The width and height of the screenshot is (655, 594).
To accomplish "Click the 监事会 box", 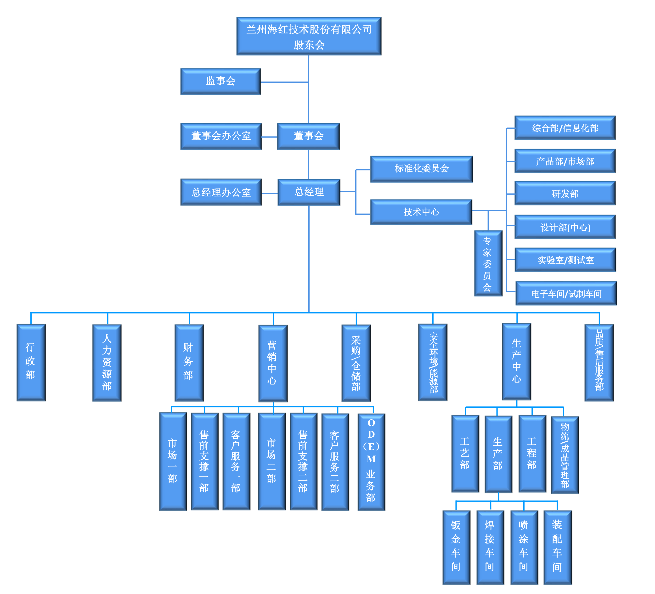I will pos(221,81).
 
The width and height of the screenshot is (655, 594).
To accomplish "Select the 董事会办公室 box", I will pos(221,136).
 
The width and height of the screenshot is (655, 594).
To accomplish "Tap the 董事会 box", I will pos(308,136).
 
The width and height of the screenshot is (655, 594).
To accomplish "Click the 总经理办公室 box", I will pos(221,193).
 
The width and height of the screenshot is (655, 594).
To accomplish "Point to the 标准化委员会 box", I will pos(421,168).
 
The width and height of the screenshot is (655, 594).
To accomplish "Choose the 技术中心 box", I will pos(421,212).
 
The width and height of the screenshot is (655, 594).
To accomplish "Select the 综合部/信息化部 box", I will pos(565,128).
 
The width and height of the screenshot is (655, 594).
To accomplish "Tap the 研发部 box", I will pos(565,194).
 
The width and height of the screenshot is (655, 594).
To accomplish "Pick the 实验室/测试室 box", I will pos(565,260).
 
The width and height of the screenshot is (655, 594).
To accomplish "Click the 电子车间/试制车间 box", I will pos(566,294).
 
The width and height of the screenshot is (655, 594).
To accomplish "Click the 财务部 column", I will pos(188,361).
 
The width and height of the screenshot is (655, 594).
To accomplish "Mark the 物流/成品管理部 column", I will pos(565,455).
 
